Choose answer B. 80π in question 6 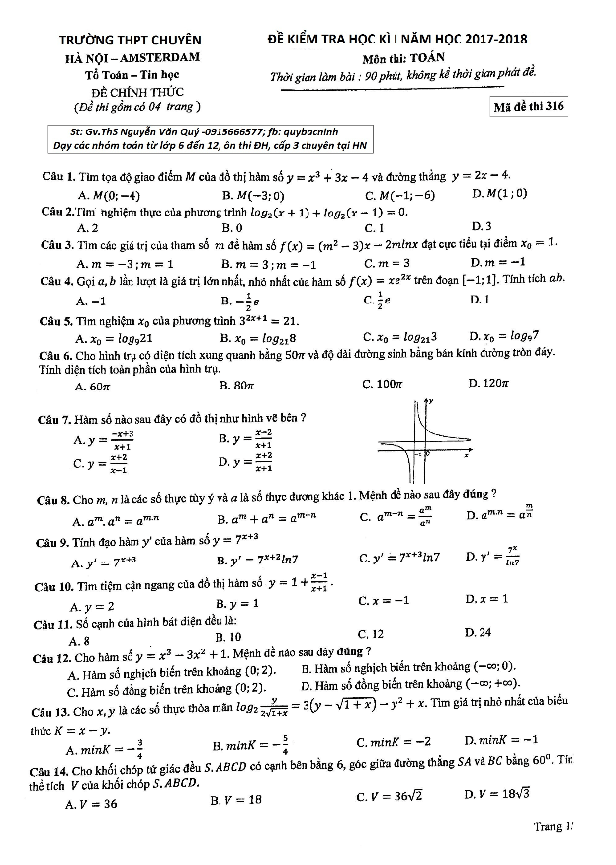click(244, 385)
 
